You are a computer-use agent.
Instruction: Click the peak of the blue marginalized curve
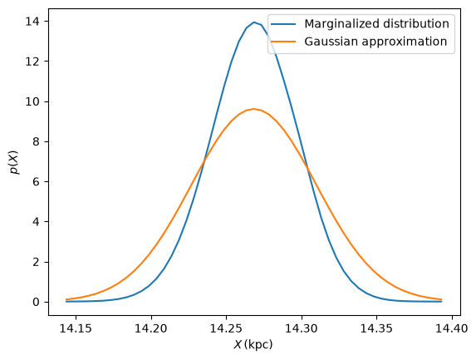254,22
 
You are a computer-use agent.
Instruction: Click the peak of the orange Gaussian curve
254,109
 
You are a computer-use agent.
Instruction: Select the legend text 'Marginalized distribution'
377,24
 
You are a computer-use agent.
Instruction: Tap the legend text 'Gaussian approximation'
375,42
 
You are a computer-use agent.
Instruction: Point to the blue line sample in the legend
283,24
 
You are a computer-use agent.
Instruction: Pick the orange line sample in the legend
283,42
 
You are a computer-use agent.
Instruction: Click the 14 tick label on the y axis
32,22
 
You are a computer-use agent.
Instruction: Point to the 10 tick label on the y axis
32,101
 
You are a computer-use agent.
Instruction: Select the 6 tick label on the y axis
37,182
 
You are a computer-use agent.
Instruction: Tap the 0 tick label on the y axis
37,302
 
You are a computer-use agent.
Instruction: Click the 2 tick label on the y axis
37,262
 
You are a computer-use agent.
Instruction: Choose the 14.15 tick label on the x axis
76,328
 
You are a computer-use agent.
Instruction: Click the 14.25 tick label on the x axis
226,328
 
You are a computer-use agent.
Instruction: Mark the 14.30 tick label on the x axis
302,328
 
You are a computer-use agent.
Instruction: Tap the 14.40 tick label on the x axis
452,328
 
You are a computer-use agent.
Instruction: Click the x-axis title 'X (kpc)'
253,344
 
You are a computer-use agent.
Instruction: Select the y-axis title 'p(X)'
14,162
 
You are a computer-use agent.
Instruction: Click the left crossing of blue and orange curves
204,161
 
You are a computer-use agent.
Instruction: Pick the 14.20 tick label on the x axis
151,328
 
